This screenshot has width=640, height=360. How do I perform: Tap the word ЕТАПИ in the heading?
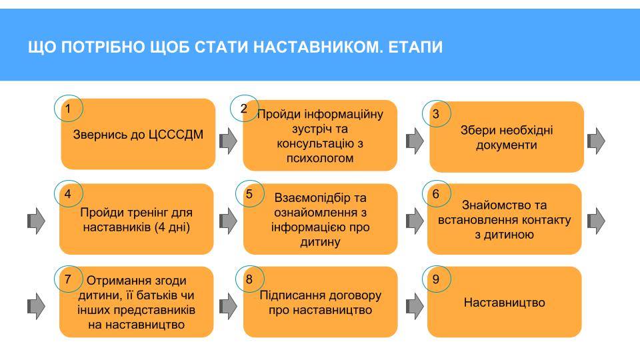coord(415,47)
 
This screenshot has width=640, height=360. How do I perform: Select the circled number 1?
coord(68,109)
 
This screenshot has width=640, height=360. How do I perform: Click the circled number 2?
coord(244,109)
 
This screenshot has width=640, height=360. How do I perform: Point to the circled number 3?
coord(436,114)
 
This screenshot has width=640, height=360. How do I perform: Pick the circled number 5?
coord(249,194)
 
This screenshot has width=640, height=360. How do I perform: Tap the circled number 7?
coord(68,279)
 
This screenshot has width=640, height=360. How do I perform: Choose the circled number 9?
coord(436,279)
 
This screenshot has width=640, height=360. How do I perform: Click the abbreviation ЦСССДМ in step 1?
coord(176,135)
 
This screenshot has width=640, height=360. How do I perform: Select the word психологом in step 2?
coord(320,158)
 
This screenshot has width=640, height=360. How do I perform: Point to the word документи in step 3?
coord(506,145)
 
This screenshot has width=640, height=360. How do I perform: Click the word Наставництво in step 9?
coord(505,303)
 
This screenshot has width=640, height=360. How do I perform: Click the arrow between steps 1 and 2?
coord(228,141)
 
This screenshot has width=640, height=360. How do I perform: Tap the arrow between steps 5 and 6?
coord(415,221)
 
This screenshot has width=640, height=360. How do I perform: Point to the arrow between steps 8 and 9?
coord(415,306)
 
